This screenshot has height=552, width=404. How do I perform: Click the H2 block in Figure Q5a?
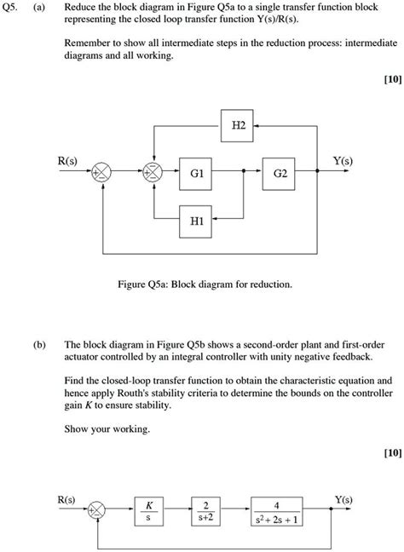click(238, 124)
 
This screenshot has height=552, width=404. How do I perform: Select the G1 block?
click(197, 172)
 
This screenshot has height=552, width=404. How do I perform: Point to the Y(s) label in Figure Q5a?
click(343, 159)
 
